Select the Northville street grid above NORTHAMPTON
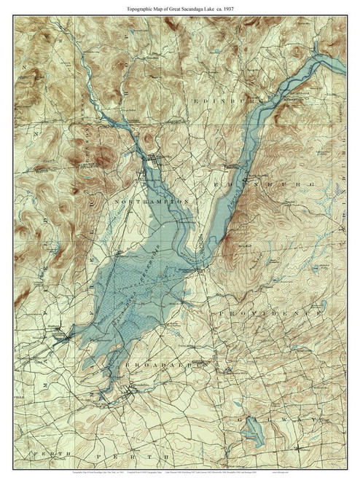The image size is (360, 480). [x=154, y=157]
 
